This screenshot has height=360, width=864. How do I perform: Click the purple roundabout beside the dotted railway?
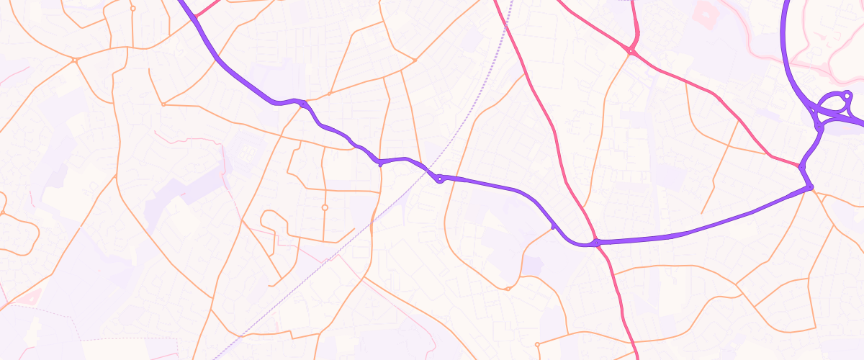(438, 178)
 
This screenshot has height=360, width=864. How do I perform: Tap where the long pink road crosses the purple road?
(597, 243)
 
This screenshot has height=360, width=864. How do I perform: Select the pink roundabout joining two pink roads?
(631, 51)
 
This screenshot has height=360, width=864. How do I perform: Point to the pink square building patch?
(706, 12)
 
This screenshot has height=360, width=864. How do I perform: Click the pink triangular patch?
(32, 296)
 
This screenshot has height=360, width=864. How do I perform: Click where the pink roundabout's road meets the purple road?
(801, 166)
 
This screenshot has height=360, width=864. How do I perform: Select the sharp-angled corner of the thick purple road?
(811, 188)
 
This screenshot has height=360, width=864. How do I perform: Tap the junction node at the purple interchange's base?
(819, 127)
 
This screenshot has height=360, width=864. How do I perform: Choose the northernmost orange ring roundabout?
(132, 9)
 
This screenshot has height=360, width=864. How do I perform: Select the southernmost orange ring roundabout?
(537, 344)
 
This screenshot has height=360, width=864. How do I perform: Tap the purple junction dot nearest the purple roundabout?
(380, 163)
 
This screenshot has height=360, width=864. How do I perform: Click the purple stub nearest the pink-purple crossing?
(553, 226)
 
